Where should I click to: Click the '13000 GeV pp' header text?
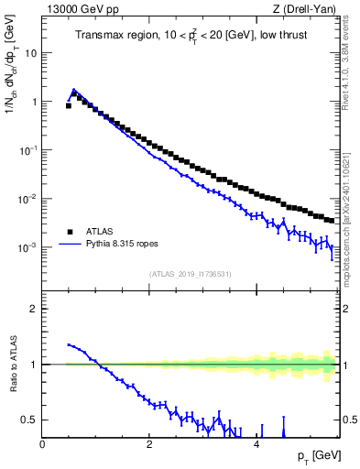tap(77, 8)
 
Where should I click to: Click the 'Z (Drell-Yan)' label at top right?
tap(306, 8)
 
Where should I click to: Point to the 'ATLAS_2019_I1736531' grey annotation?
tap(191, 274)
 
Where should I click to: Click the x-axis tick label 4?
tap(256, 443)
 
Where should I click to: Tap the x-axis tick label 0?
tap(43, 443)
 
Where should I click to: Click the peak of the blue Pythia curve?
tap(74, 90)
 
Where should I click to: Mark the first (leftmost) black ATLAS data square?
tap(69, 105)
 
